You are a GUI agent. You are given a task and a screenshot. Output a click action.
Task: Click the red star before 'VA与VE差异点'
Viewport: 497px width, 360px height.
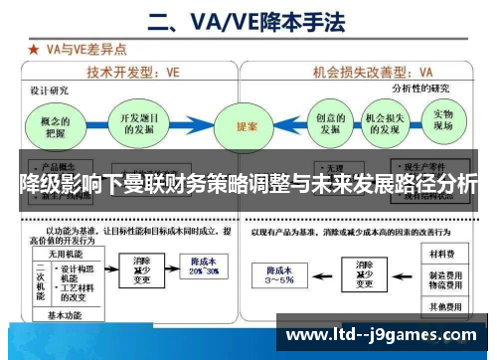(x=34, y=48)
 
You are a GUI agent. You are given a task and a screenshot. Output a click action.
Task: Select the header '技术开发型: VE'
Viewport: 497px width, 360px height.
(x=131, y=73)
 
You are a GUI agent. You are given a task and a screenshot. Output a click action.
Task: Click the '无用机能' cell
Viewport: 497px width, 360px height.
(x=55, y=251)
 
